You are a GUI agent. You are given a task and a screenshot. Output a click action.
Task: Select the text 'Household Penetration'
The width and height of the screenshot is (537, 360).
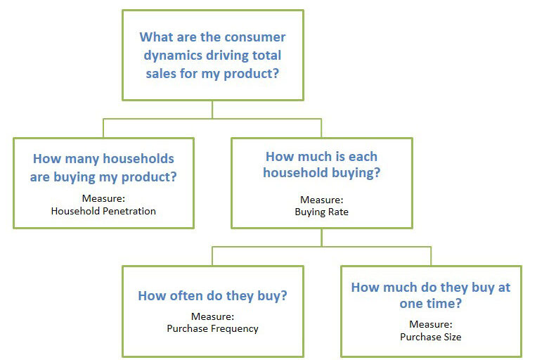point(103,211)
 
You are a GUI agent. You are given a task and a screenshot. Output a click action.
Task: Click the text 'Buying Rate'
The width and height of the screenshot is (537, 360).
point(322,212)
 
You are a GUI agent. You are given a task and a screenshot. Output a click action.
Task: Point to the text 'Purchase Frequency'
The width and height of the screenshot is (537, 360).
point(213,329)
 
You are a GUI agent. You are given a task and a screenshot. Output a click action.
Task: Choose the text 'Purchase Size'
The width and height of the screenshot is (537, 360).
point(431,337)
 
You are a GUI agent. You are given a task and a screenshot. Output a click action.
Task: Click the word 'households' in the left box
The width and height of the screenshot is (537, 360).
point(138,159)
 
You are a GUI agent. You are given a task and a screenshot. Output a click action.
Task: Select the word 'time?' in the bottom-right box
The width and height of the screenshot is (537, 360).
point(445,304)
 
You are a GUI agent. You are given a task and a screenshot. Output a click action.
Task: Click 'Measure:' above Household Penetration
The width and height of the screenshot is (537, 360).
point(103,198)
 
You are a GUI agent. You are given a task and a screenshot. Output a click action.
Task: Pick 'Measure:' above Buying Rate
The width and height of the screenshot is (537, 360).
point(322,200)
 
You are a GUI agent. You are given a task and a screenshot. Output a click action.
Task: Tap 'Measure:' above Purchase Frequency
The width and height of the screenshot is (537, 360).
point(213,316)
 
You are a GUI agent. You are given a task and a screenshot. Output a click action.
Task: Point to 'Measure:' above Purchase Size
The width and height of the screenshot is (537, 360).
point(431,324)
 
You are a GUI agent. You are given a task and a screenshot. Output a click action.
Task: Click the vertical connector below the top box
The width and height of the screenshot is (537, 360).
point(212,110)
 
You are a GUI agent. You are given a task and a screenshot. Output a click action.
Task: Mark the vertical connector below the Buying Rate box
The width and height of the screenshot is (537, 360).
point(322,238)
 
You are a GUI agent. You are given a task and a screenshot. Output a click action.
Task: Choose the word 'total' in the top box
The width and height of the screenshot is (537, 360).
point(266,56)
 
